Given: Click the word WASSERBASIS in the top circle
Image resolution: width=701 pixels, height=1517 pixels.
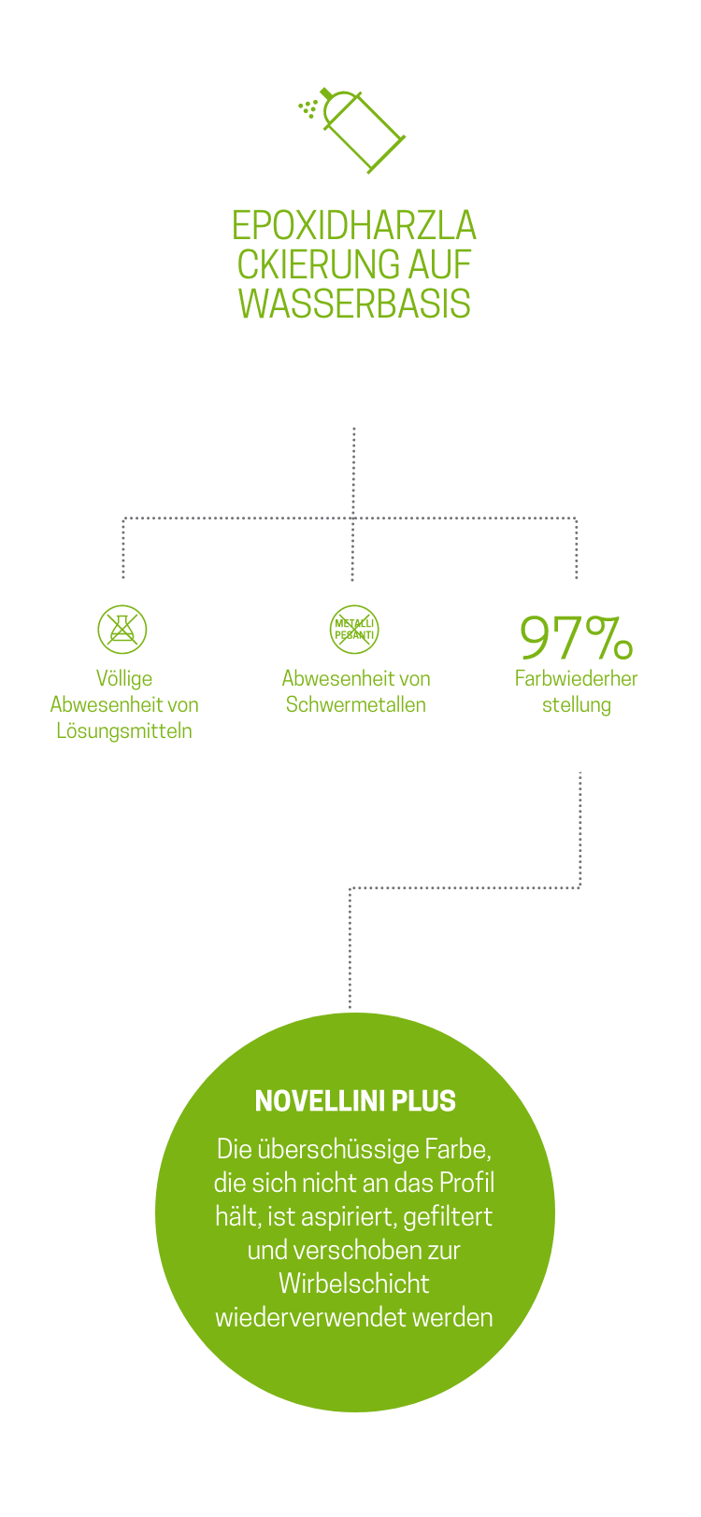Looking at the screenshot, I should [x=354, y=305].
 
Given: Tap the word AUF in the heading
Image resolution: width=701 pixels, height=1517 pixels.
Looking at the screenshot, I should [x=439, y=265].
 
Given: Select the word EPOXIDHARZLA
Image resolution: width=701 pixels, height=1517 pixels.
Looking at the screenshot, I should [x=354, y=226].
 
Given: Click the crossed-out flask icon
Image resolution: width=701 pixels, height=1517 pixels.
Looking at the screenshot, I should [x=122, y=629].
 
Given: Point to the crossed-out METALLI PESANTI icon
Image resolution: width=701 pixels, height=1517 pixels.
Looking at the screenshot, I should [x=354, y=629].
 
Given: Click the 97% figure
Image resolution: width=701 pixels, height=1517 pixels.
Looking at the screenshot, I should [x=576, y=637].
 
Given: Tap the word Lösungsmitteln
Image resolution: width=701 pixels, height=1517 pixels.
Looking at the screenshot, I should [x=124, y=730].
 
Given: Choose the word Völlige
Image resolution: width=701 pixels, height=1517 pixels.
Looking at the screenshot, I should [x=124, y=678].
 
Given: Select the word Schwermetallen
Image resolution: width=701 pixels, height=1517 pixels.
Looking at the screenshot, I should [x=356, y=704].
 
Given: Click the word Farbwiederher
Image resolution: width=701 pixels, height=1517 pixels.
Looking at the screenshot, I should [x=576, y=678].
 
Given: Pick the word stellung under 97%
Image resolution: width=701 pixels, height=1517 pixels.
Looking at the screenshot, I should [x=576, y=704].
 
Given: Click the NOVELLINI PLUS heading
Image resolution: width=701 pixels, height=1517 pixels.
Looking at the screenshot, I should [x=355, y=1101].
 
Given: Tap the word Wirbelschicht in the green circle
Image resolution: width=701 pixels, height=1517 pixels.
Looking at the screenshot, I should [x=354, y=1283].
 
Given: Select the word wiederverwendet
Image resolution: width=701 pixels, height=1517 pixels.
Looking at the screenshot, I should [x=306, y=1317].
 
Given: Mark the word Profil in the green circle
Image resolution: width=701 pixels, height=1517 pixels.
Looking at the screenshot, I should [x=465, y=1183].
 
